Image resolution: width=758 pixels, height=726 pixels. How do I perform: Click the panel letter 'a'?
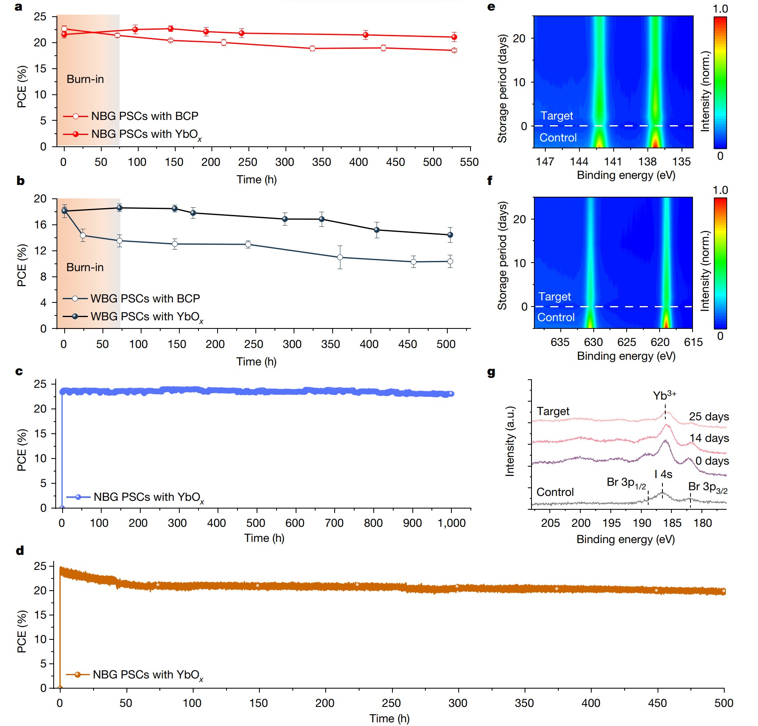[x=18, y=7]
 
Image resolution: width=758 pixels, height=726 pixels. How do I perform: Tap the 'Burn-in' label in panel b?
[x=85, y=267]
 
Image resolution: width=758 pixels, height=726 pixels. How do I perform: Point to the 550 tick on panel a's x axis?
[x=469, y=162]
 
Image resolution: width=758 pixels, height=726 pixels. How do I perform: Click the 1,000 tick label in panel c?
[x=451, y=523]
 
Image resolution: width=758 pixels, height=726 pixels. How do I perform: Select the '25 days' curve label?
[x=708, y=417]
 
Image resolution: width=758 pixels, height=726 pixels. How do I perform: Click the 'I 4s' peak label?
[x=663, y=474]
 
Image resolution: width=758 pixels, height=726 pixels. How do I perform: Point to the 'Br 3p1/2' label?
[x=626, y=483]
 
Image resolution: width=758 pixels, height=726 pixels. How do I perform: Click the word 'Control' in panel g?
[x=555, y=492]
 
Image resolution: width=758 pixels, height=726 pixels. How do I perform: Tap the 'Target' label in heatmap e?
[x=556, y=116]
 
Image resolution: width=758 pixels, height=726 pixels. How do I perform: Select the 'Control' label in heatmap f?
[x=556, y=317]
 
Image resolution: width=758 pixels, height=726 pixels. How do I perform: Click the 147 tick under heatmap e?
[x=545, y=162]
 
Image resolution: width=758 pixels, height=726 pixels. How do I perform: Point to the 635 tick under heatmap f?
[x=560, y=342]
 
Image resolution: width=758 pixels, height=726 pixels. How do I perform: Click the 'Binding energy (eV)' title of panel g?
[x=625, y=539]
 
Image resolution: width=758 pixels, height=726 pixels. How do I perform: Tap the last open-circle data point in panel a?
[x=454, y=50]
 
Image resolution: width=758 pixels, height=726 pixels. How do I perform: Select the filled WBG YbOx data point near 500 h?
[x=450, y=235]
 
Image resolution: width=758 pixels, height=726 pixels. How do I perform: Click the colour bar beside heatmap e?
[x=720, y=83]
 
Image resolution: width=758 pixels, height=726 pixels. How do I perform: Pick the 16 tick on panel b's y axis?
[x=41, y=225]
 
